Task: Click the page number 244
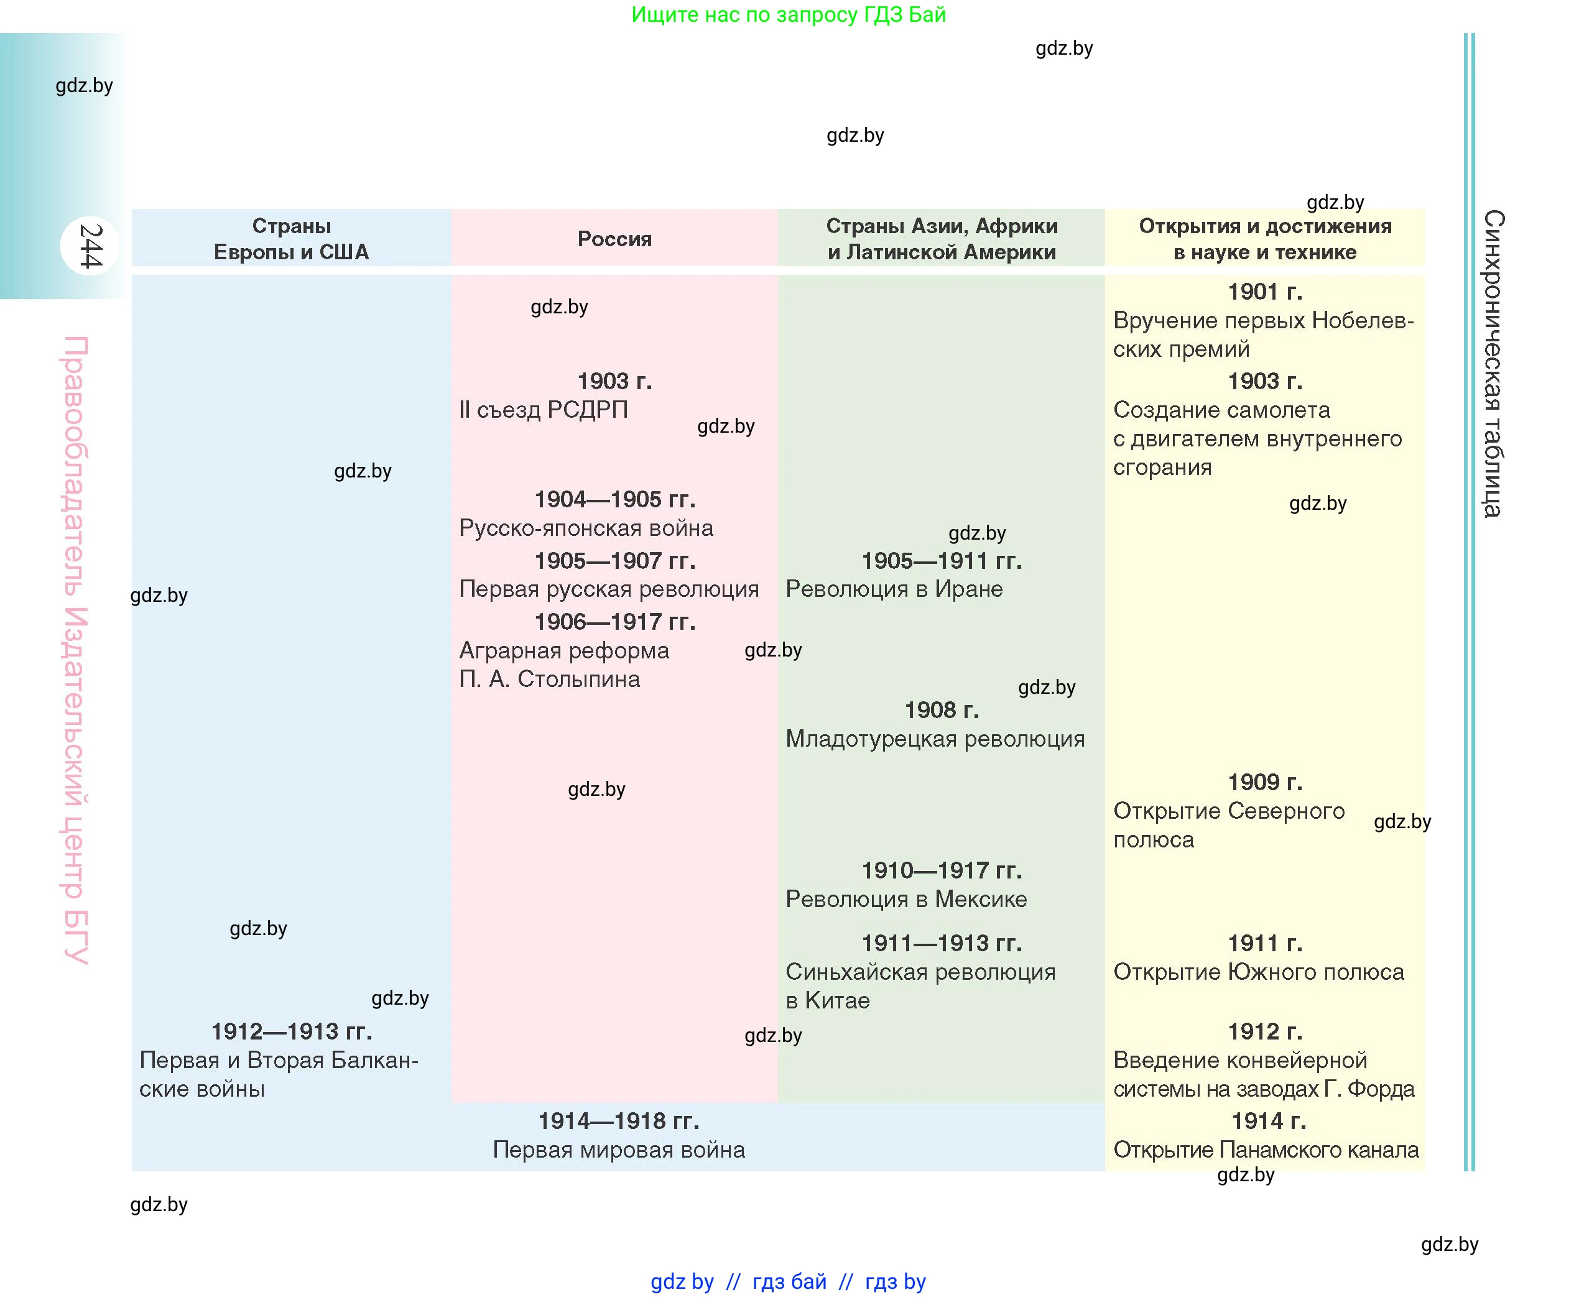[90, 246]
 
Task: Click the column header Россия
[614, 239]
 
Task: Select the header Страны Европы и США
[292, 239]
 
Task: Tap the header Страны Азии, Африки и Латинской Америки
[942, 239]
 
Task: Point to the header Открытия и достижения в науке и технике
[1264, 239]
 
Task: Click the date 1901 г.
[1264, 292]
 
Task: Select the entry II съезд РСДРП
[544, 410]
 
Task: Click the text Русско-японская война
[586, 528]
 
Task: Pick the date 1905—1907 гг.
[614, 560]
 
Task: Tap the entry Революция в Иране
[894, 589]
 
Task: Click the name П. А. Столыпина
[549, 679]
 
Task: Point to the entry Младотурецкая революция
[935, 739]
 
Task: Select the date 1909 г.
[1264, 781]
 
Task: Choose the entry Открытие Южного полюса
[1258, 972]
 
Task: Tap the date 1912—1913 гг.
[292, 1031]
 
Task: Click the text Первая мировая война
[619, 1150]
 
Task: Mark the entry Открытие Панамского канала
[1266, 1150]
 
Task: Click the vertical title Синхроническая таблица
[1493, 363]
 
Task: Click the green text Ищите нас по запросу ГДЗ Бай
[788, 14]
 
